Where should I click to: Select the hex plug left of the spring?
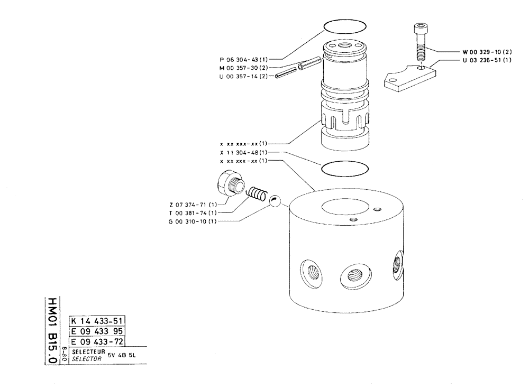click(x=230, y=185)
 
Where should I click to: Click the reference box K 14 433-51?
click(x=97, y=321)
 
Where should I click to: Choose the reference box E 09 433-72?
click(x=97, y=342)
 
